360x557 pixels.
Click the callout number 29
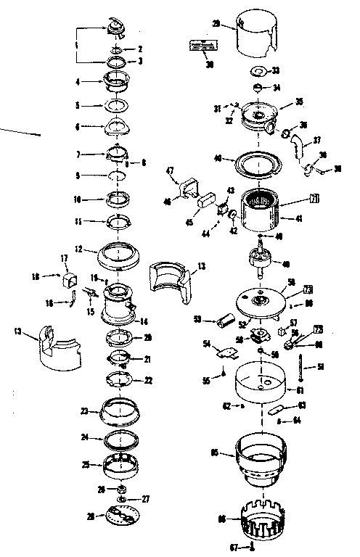click(x=216, y=24)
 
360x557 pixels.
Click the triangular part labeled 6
click(x=117, y=128)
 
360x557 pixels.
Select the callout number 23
click(x=85, y=411)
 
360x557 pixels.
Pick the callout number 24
click(x=85, y=437)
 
